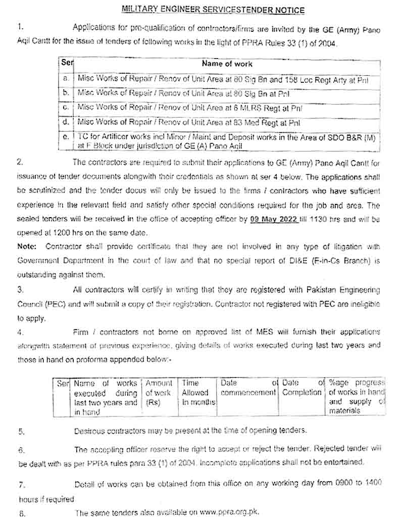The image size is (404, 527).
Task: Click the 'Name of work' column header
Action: click(227, 64)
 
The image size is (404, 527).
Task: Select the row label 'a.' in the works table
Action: click(66, 79)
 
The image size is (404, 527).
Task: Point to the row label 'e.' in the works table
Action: click(66, 137)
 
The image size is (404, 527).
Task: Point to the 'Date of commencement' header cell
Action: click(248, 388)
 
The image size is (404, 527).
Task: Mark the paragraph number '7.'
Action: click(22, 485)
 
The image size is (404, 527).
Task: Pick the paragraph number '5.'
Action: click(21, 432)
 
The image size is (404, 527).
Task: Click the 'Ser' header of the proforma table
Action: click(63, 384)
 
